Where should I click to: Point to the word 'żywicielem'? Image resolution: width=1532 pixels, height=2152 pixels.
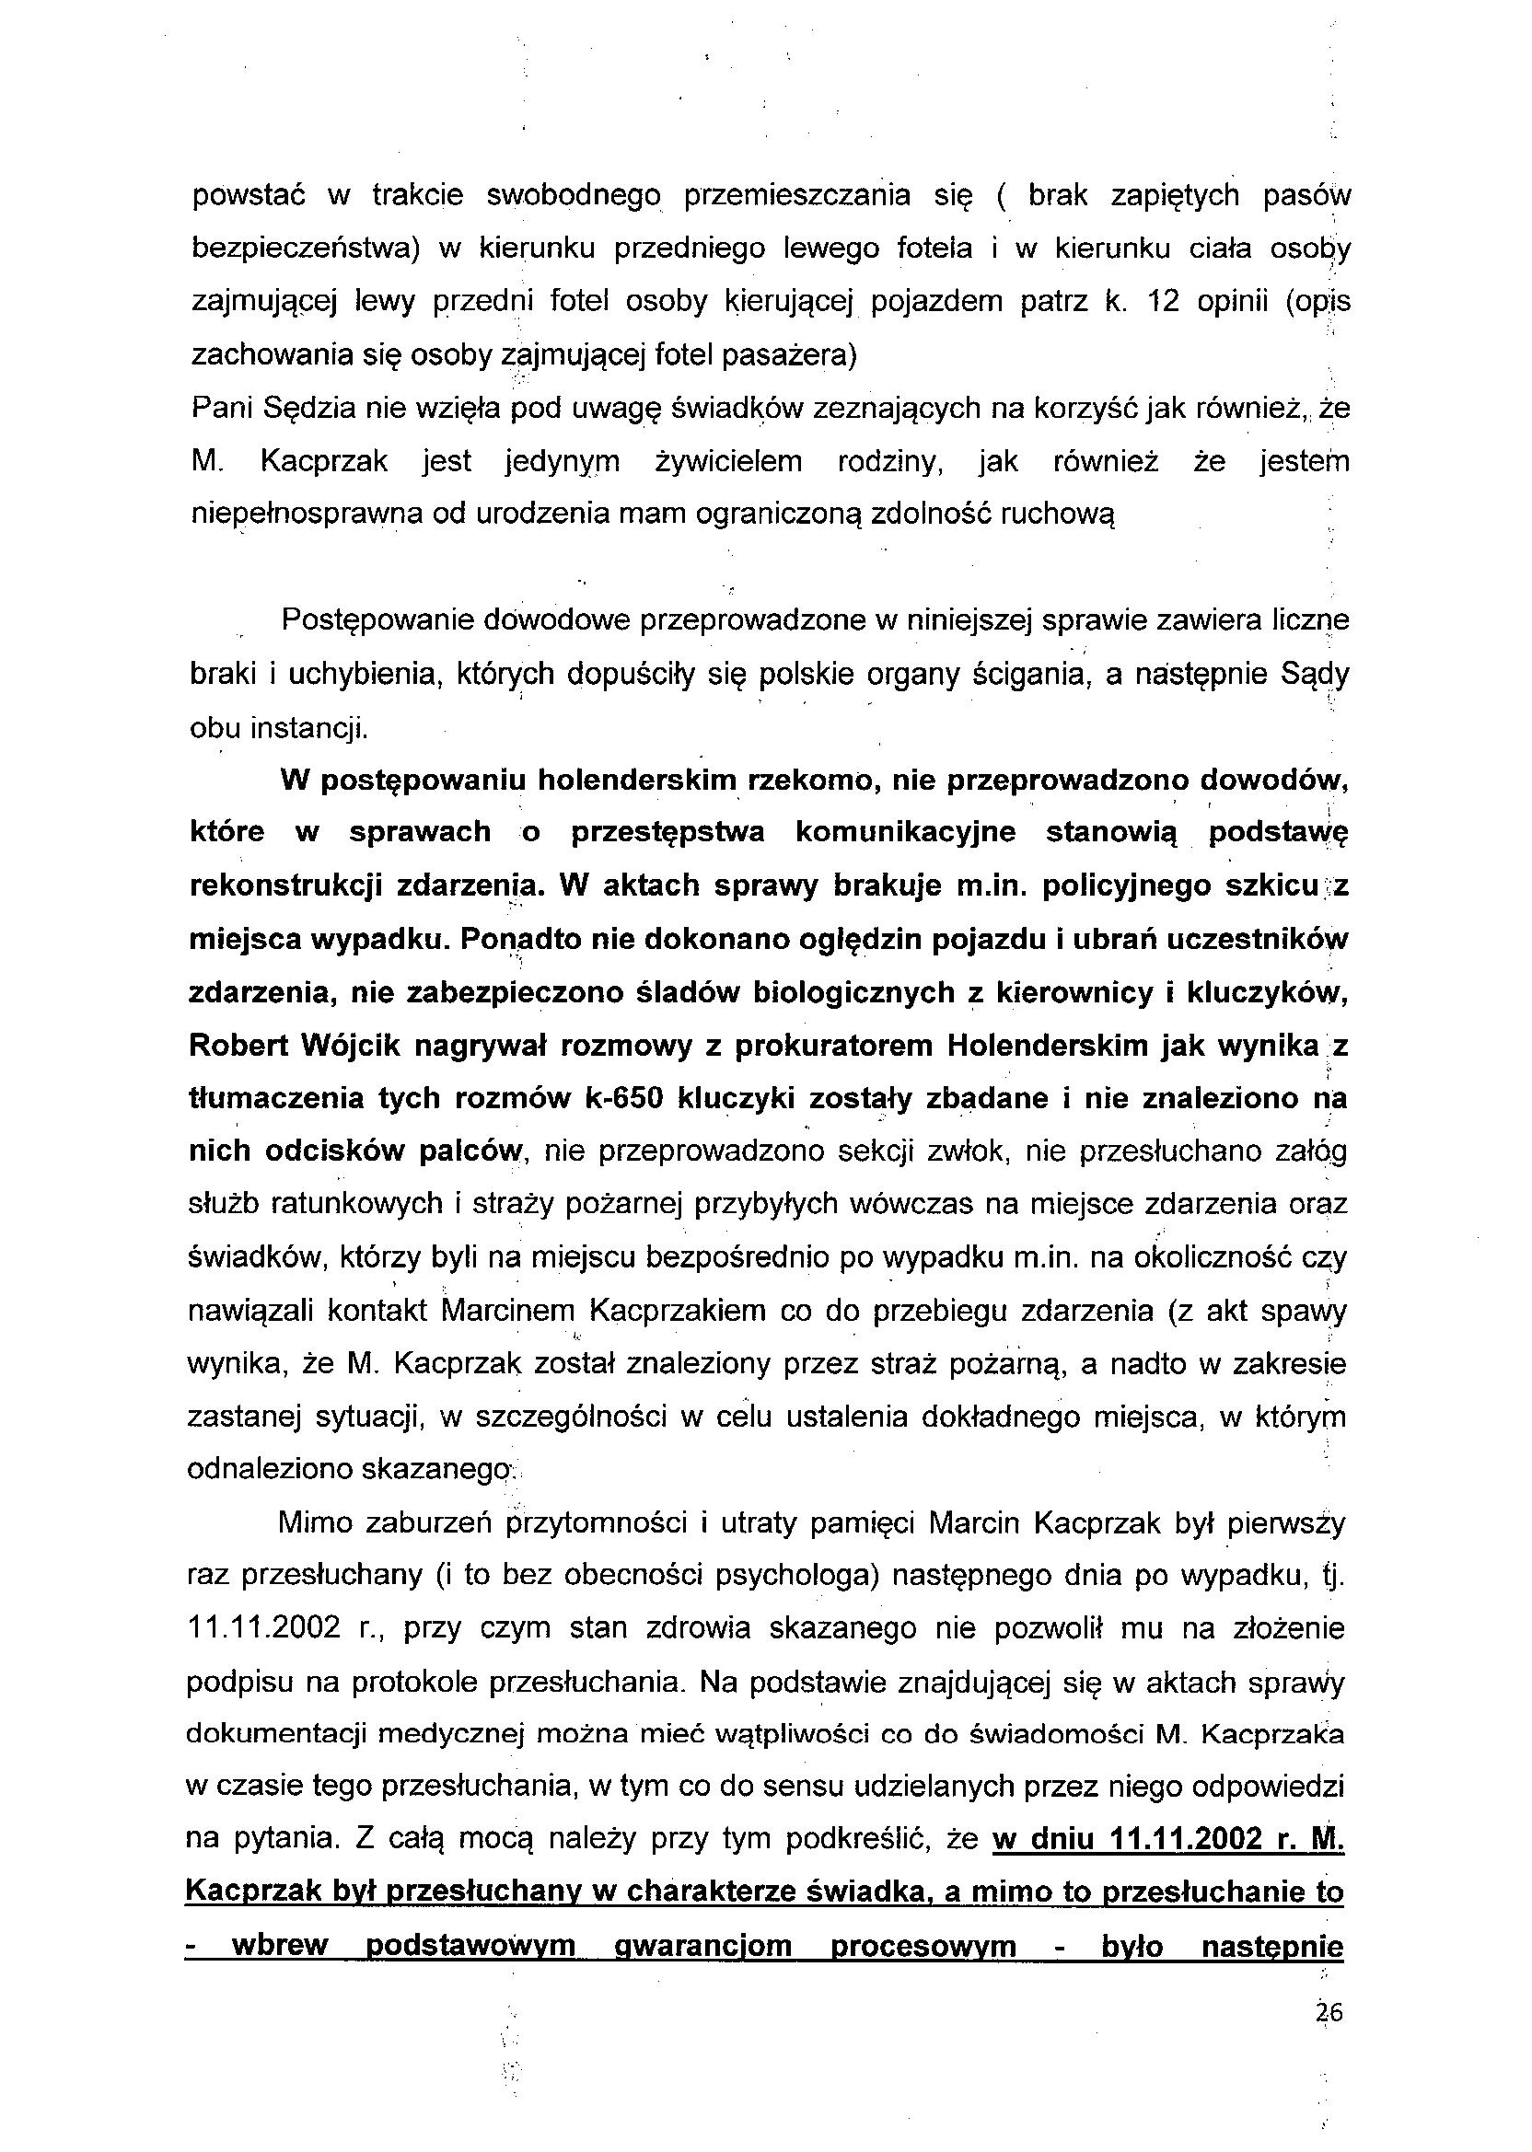(728, 462)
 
